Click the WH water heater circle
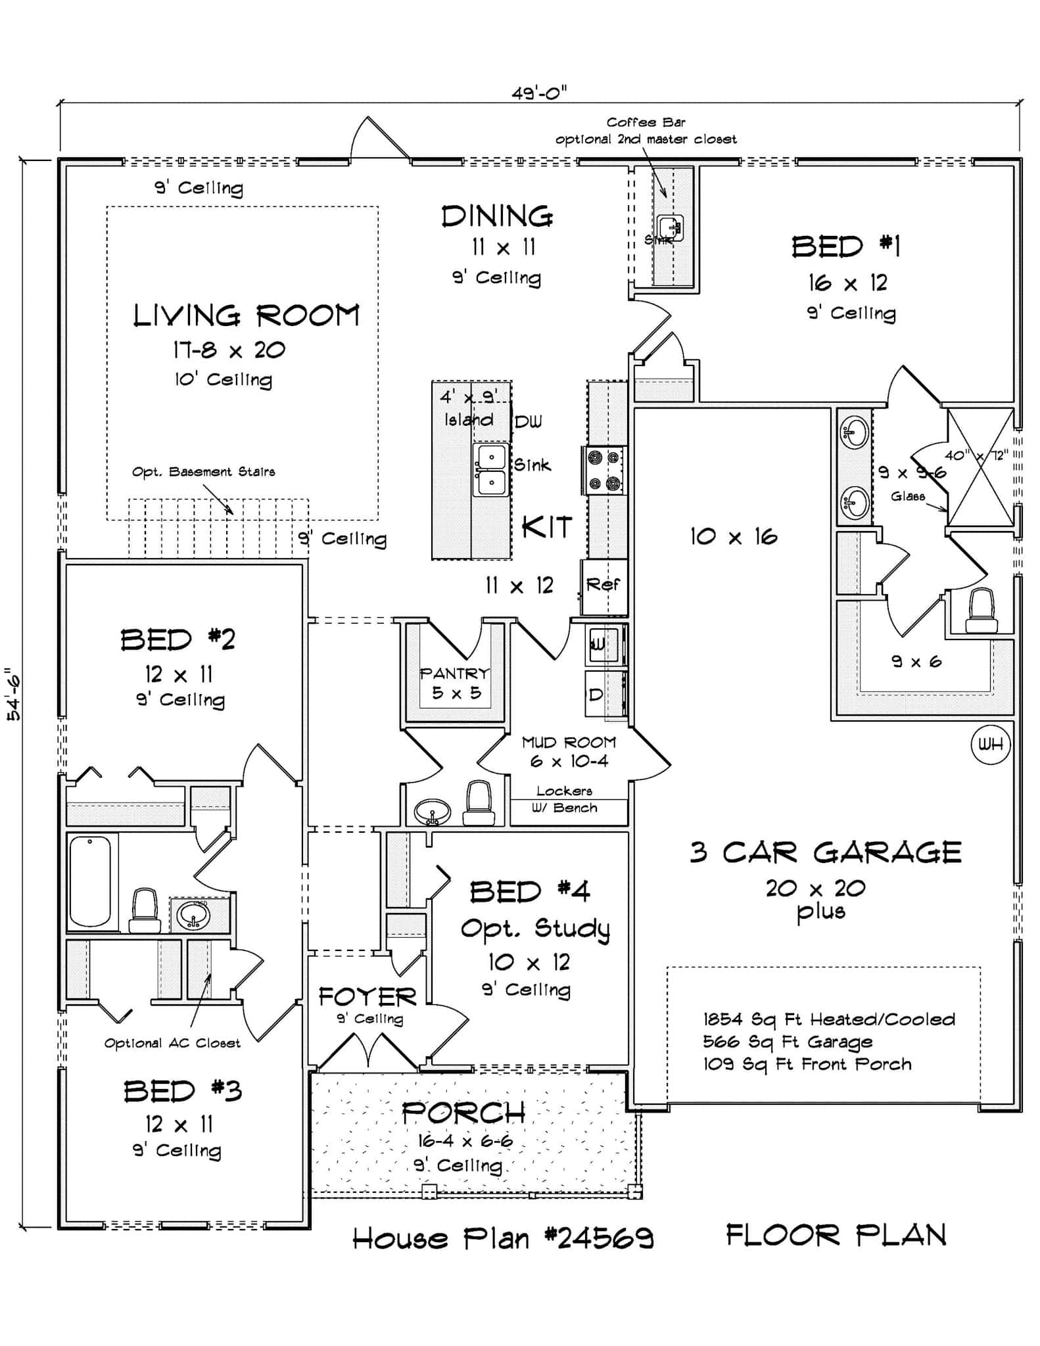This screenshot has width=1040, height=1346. (990, 745)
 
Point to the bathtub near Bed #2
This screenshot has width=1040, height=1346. (90, 881)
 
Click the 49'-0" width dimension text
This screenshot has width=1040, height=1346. (539, 93)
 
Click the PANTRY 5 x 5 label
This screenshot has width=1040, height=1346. (455, 683)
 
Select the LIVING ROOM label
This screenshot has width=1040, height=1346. (247, 315)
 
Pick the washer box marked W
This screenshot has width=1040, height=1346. (600, 644)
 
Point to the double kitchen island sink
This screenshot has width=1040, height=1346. (491, 469)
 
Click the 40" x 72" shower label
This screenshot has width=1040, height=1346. (976, 455)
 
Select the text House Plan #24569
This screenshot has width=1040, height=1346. (503, 1239)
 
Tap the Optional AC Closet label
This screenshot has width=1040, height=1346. (172, 1043)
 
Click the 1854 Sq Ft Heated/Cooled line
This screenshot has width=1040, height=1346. (828, 1019)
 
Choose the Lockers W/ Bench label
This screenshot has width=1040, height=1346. (565, 799)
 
